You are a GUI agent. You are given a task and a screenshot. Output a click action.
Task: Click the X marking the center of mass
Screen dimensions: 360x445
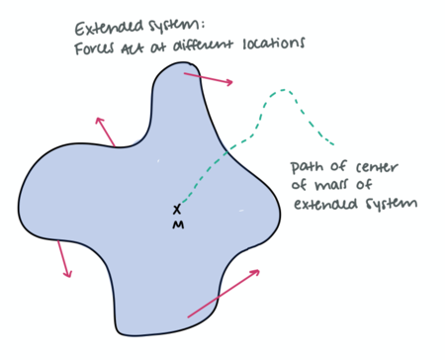point(177,209)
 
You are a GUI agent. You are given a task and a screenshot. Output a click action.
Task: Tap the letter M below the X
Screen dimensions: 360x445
point(177,225)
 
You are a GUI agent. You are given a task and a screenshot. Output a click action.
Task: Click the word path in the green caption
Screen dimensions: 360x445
point(308,166)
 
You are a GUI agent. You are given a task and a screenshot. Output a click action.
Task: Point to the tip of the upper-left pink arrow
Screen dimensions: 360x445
point(97,117)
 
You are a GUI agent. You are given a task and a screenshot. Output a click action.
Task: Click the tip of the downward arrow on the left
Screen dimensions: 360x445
point(69,277)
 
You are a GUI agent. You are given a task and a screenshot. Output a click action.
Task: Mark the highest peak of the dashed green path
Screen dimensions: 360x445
point(284,90)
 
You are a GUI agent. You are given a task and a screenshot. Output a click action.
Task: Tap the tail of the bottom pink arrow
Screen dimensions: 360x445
point(188,316)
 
